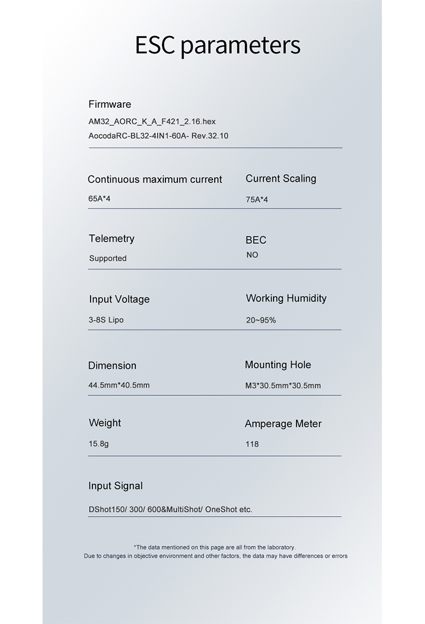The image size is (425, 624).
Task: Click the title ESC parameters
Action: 218,45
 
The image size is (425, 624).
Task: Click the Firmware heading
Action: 109,104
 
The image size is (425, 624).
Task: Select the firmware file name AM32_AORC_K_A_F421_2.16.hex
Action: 152,121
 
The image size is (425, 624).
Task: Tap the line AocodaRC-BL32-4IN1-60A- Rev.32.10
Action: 158,136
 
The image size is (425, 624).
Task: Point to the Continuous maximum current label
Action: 155,179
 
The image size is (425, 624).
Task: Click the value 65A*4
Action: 99,199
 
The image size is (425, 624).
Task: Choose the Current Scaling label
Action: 280,179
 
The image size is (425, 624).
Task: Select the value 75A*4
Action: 257,200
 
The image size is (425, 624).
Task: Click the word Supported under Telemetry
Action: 108,258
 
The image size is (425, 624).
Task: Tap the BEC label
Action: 256,240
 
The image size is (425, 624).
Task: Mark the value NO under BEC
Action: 252,255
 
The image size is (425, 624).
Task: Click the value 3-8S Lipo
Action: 106,320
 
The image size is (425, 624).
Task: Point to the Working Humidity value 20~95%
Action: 261,321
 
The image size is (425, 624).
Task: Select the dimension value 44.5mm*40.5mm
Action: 119,385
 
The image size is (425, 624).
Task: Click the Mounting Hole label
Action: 278,365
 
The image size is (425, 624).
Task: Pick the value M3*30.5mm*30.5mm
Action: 283,386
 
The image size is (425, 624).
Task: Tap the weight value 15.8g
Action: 98,444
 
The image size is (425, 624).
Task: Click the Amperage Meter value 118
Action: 252,444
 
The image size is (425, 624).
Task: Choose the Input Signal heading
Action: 115,486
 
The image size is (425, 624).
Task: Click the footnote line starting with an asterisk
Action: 214,547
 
